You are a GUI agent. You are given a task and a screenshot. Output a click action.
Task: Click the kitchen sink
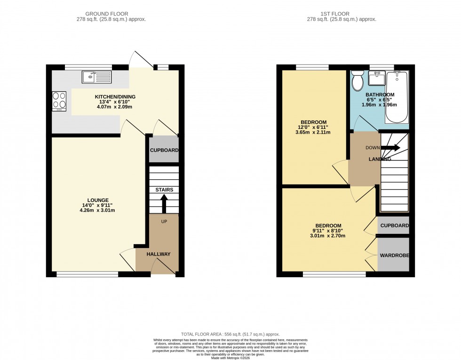[96, 77]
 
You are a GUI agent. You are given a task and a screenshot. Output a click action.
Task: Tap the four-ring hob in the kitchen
[59, 100]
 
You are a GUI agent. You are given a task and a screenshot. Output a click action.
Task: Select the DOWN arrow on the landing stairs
[390, 148]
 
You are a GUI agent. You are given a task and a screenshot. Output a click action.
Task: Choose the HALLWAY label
[158, 254]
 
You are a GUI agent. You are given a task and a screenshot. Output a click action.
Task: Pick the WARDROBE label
[394, 256]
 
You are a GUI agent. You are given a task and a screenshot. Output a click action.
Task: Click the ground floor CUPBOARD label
[164, 150]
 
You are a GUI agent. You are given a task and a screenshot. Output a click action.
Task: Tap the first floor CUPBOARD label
[394, 226]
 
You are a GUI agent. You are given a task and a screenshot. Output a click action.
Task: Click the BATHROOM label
[380, 95]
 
